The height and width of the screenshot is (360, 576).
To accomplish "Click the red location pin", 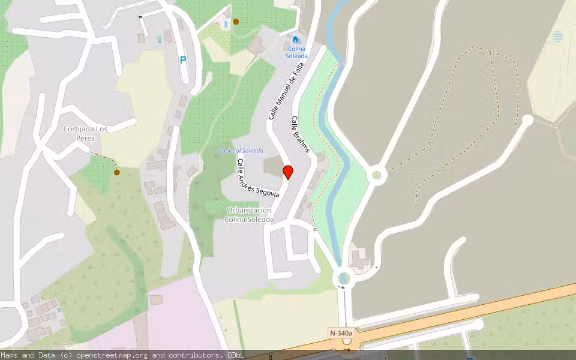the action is click(288, 172).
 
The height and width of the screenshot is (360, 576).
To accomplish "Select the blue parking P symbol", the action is click(183, 60).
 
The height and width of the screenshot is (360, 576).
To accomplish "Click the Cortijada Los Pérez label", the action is click(85, 133).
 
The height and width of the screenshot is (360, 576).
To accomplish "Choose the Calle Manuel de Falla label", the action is click(283, 92).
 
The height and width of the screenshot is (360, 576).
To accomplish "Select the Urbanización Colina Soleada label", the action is click(249, 215).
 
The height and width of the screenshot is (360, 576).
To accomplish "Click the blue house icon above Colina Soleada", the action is click(295, 40).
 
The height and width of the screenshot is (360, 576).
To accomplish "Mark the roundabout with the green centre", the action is click(377, 175).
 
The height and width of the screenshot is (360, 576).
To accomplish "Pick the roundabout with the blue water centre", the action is click(343, 278).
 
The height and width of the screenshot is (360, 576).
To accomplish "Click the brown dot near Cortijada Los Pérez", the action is click(116, 172).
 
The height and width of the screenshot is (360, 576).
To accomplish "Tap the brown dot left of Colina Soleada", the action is click(236, 22).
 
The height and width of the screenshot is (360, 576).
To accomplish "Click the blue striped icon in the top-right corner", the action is click(558, 37).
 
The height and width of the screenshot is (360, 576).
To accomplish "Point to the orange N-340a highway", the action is click(456, 314).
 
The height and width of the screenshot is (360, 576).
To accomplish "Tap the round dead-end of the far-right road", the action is click(527, 120).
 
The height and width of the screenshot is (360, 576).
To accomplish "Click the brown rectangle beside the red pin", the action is click(273, 166).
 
